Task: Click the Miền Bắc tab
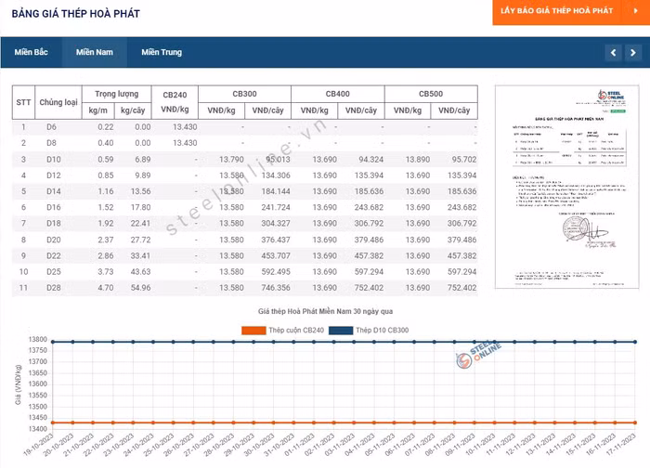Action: (x=32, y=52)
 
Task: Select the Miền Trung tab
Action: (x=162, y=52)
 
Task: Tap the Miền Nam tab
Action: (x=95, y=52)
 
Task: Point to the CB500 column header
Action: (x=430, y=94)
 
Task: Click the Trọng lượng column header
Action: (x=116, y=94)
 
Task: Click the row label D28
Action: (x=52, y=288)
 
